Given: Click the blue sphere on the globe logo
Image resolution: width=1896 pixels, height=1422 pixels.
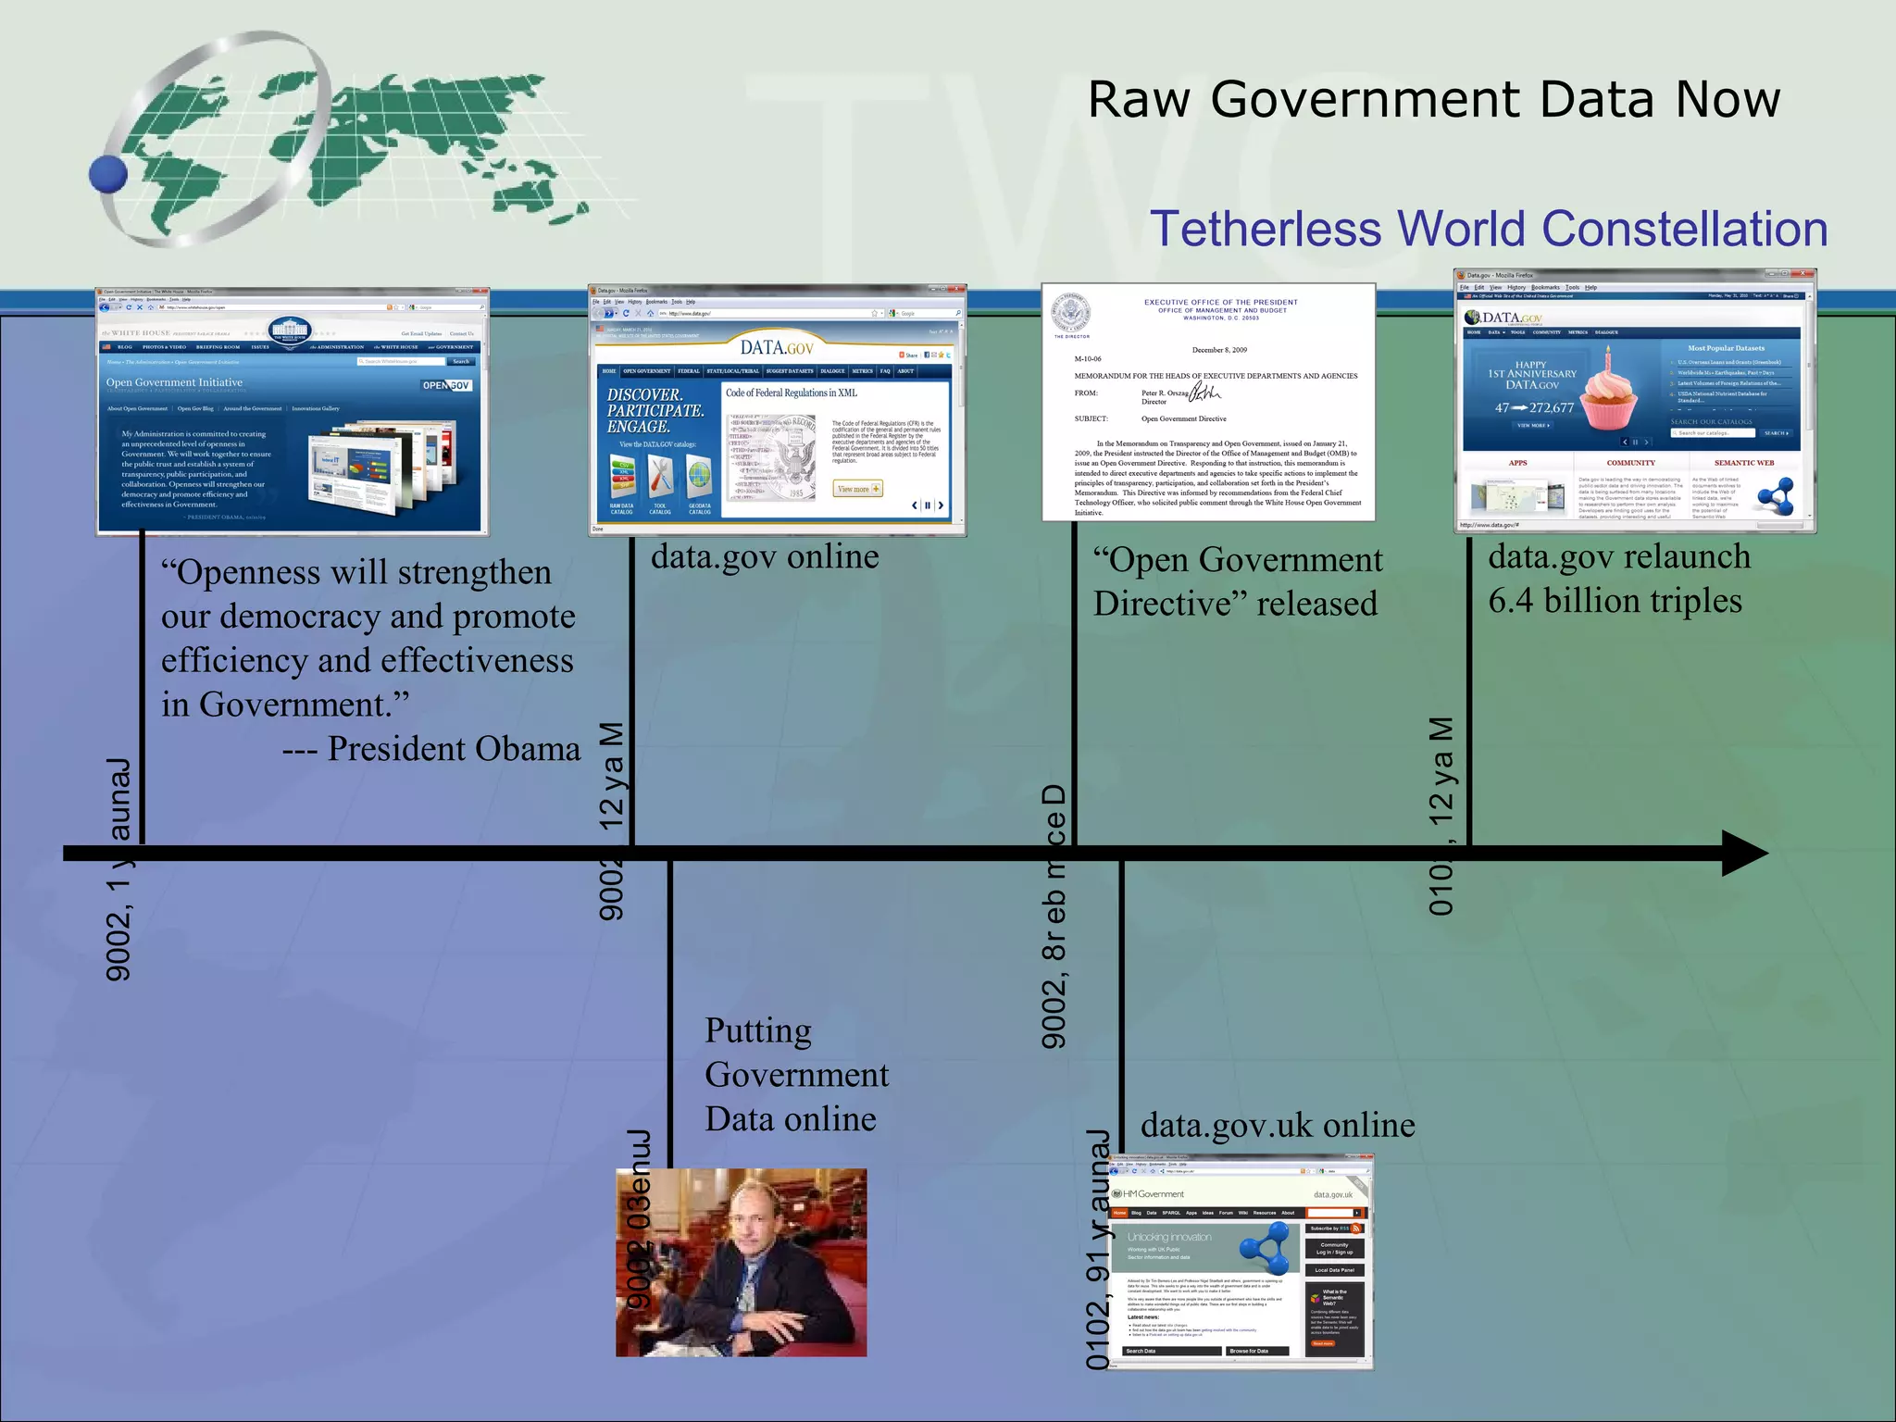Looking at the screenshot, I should click(x=109, y=173).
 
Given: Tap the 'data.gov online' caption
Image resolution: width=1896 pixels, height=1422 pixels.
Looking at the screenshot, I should click(x=765, y=556).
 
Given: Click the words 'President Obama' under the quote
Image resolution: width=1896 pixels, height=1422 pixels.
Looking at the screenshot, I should click(x=454, y=749).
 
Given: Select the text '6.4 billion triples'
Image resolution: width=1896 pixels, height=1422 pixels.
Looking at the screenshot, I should click(x=1615, y=601).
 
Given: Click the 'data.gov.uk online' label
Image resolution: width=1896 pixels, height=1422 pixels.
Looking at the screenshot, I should click(x=1278, y=1125).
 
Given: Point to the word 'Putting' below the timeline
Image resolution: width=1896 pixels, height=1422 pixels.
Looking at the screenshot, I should click(x=758, y=1031).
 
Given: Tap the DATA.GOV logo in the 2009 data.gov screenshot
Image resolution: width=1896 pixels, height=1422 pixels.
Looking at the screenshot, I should click(x=776, y=347).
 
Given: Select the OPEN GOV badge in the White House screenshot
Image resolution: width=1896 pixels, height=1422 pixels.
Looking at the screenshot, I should click(x=447, y=385).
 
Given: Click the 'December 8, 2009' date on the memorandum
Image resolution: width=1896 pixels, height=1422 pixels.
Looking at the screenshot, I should click(x=1219, y=350).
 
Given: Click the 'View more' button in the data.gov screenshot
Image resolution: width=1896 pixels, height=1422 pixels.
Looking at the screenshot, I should click(x=858, y=489).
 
